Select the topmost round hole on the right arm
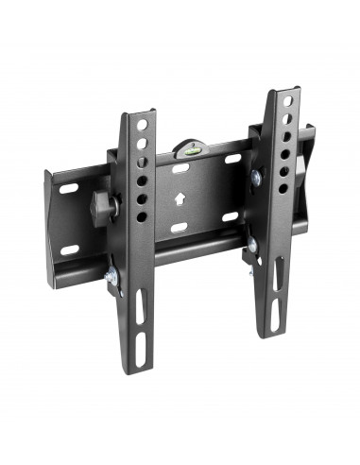click(283, 102)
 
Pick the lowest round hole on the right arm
click(283, 188)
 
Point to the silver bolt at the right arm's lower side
click(251, 248)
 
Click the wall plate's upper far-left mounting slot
click(68, 189)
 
